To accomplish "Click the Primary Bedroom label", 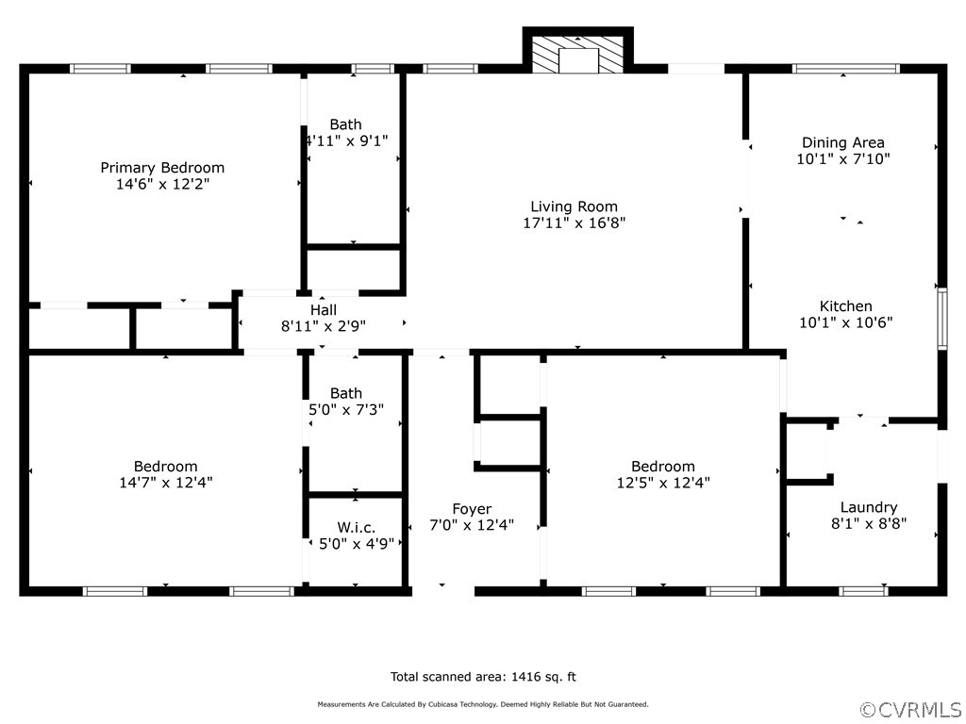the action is click(162, 168).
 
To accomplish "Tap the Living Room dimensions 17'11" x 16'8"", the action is click(575, 222).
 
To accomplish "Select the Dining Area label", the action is click(842, 143).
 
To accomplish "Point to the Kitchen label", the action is click(845, 306).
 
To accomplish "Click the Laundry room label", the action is click(869, 508).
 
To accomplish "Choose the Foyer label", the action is click(472, 509).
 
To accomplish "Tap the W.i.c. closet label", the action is click(356, 528).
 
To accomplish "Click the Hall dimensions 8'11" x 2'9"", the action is click(324, 326).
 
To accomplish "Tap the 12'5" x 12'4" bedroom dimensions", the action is click(663, 483).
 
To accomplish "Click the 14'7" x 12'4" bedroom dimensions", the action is click(166, 483).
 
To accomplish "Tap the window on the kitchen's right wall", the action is click(942, 320).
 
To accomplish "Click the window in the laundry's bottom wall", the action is click(863, 592).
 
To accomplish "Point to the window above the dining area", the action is click(846, 68).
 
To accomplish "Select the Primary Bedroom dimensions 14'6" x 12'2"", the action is click(162, 184).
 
